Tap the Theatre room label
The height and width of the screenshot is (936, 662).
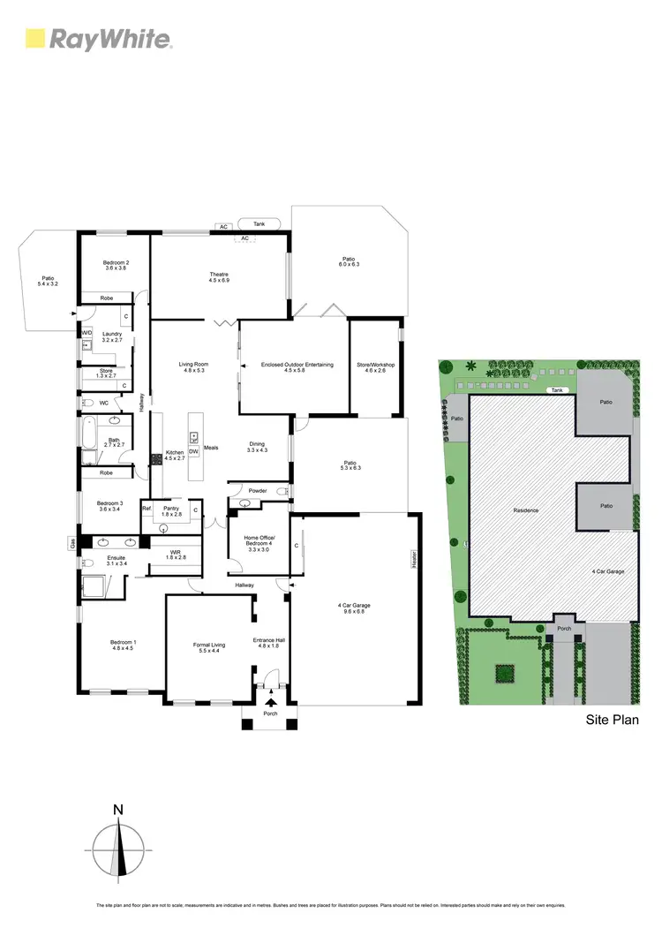point(219,277)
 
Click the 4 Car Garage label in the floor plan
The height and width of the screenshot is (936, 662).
point(354,608)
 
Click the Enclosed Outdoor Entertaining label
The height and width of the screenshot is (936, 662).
point(297,367)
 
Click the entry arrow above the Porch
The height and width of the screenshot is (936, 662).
point(270,702)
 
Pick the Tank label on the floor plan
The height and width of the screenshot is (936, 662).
point(259,224)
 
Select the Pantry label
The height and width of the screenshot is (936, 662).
point(172,510)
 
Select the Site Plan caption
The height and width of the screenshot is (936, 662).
point(613,720)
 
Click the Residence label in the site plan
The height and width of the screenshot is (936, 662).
point(526,510)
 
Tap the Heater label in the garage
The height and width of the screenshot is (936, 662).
point(413,558)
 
